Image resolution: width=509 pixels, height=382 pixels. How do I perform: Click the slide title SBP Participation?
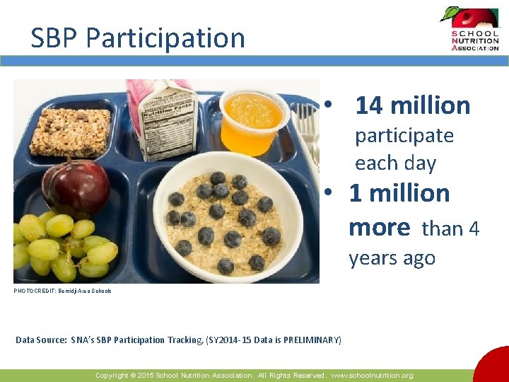click(138, 37)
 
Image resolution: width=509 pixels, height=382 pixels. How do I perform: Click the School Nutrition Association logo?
click(469, 30)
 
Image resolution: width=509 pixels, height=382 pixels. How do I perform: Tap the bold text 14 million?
click(412, 105)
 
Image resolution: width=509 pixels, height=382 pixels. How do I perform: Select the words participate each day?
click(404, 149)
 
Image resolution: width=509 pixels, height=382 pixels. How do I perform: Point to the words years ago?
click(392, 258)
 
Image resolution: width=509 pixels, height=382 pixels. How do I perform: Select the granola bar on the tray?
click(70, 132)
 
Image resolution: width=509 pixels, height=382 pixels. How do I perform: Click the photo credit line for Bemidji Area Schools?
click(62, 291)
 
